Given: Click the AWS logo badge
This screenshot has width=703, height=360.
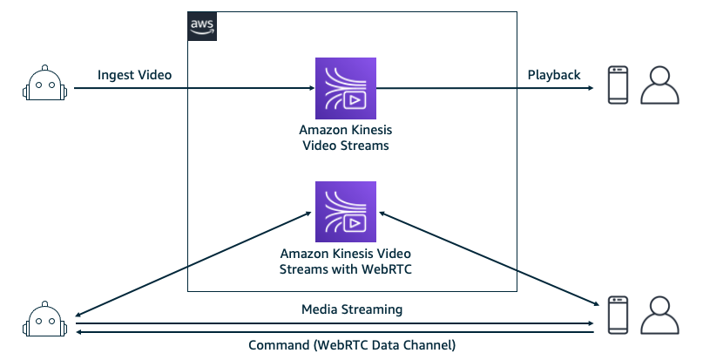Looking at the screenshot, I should (203, 27).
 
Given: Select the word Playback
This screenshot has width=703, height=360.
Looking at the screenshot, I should (554, 75).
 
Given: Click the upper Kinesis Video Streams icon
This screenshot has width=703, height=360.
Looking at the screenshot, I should (346, 87).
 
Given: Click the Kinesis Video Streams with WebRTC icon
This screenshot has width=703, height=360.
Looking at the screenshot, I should (346, 211).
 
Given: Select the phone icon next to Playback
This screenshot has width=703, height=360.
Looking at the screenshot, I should (616, 87).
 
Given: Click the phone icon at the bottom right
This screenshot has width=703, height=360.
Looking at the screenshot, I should (616, 316).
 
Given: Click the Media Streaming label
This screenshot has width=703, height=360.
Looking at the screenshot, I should (352, 309).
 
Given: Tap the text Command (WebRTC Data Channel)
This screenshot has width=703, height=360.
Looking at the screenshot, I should (352, 346).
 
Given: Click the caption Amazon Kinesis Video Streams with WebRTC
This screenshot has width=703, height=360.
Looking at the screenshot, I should (345, 262).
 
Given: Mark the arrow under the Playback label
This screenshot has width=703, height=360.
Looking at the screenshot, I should (488, 88).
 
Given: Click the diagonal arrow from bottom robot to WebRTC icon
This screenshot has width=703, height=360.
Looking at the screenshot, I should (192, 262).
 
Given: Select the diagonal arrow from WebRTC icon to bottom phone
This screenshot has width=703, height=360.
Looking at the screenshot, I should (488, 258).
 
